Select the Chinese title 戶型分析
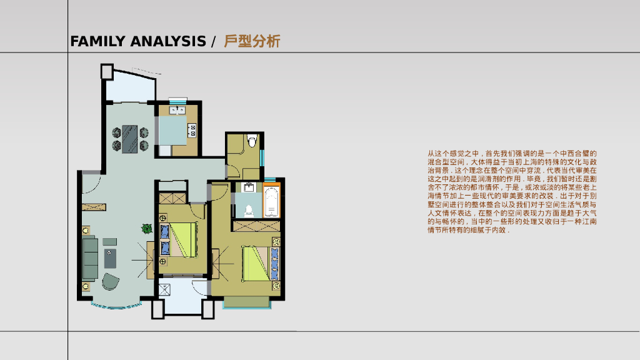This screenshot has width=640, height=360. click(x=252, y=42)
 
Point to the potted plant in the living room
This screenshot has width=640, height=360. click(x=146, y=229)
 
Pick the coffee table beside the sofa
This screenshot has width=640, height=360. click(x=111, y=258)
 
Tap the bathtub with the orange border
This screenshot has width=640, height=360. click(x=272, y=201)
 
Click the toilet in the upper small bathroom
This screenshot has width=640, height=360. click(x=252, y=141)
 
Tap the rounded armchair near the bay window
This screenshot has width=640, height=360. click(x=111, y=281)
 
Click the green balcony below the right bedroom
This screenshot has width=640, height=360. click(x=246, y=302)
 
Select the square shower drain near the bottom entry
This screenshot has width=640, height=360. click(x=165, y=291)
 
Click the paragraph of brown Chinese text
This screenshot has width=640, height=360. click(x=512, y=191)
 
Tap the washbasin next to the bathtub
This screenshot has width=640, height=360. click(x=249, y=187)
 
